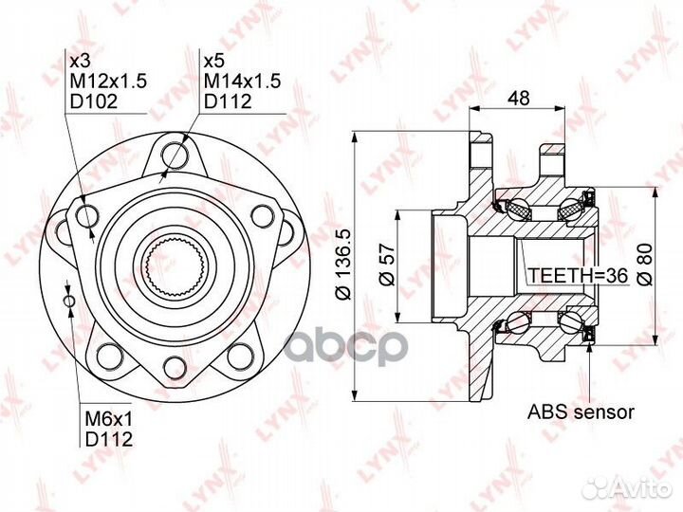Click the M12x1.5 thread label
108,82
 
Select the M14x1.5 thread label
243,82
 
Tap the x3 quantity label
80,62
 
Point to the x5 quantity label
214,62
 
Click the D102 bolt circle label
94,101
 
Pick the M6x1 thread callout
108,419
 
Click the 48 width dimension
519,98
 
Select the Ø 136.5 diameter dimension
343,265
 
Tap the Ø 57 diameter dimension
387,265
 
